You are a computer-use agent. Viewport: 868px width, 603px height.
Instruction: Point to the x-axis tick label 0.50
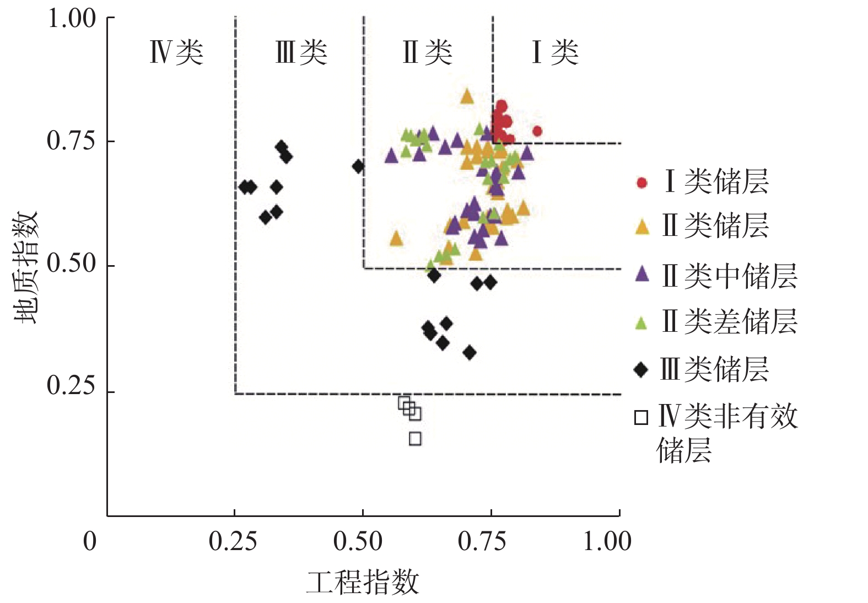358,542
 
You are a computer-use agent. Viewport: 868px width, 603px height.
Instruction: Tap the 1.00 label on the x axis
607,542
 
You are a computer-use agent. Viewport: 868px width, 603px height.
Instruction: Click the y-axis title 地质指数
27,267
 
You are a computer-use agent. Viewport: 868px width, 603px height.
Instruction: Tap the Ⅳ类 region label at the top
176,53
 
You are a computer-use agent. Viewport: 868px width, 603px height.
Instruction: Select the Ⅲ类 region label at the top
301,53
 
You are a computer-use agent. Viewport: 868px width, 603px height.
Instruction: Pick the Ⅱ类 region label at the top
428,53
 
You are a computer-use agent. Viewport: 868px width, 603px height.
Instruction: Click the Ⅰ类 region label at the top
554,53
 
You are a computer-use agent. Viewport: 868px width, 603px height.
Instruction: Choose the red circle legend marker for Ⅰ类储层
641,182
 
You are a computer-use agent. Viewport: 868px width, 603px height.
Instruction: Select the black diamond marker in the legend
641,369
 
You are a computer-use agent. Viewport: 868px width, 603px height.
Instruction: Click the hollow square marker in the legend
641,418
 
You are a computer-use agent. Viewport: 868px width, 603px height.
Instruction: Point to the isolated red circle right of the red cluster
537,131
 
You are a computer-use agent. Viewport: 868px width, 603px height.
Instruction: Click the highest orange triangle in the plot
467,96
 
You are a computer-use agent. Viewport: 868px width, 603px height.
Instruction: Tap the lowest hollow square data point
415,439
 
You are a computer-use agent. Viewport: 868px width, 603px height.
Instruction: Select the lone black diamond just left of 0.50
358,166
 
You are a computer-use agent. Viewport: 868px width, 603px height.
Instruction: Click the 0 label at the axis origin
90,542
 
